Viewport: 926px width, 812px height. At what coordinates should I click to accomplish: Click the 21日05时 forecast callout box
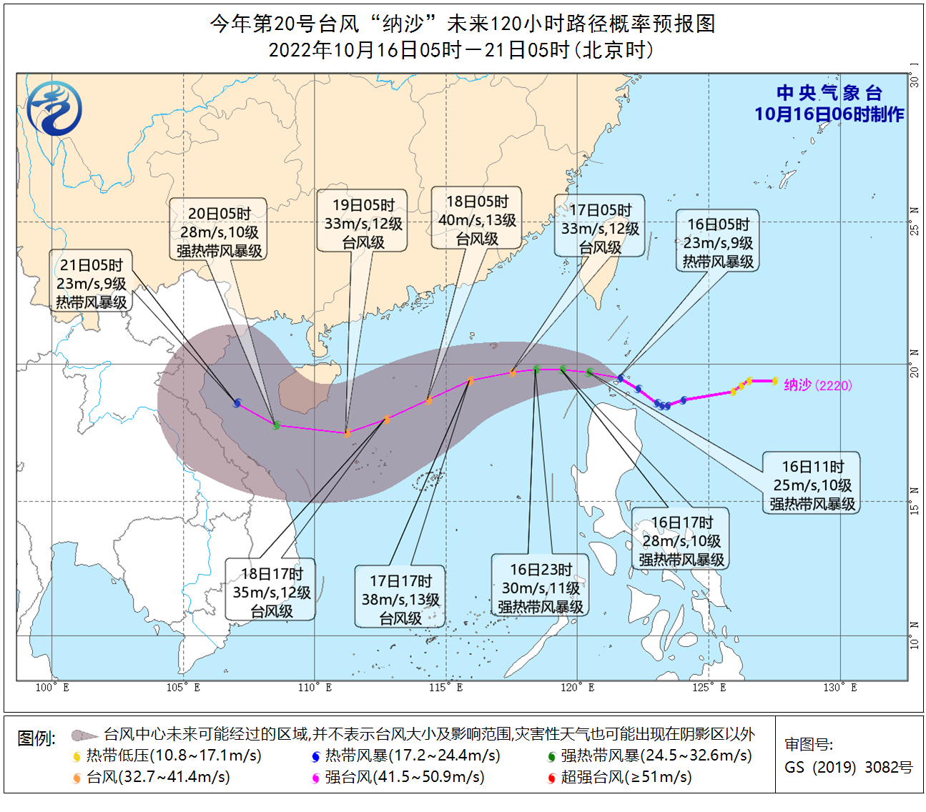[92, 284]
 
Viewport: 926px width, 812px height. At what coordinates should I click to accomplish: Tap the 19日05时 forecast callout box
[363, 223]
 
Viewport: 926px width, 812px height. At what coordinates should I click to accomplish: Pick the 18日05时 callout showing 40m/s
[477, 220]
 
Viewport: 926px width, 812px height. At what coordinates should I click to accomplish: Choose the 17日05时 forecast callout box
[600, 228]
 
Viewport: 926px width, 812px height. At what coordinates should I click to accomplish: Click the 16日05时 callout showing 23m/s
[718, 243]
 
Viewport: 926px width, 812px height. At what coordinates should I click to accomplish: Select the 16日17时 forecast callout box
[681, 541]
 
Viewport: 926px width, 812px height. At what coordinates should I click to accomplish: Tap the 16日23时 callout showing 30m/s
[541, 588]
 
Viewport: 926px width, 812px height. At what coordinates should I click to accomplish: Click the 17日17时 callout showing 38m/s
[400, 600]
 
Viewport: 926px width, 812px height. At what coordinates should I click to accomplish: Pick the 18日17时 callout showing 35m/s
[271, 592]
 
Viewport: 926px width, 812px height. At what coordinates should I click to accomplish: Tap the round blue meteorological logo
[54, 108]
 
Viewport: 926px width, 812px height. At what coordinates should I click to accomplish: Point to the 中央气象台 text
[829, 93]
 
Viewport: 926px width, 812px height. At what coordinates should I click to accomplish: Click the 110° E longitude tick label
[315, 688]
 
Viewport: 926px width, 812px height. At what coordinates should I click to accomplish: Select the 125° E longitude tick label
[709, 688]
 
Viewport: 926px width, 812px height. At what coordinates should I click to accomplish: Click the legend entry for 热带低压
[168, 756]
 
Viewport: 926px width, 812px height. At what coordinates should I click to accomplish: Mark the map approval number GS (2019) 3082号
[849, 768]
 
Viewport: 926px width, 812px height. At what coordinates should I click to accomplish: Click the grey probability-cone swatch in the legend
[84, 735]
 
